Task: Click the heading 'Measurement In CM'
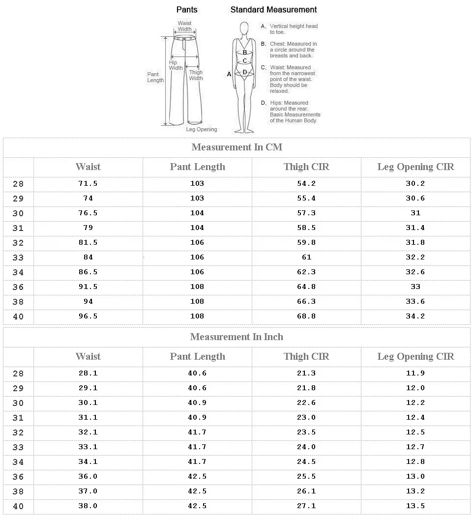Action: click(x=236, y=147)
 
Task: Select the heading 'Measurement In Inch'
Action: click(x=236, y=337)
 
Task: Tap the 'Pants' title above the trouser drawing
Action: click(x=187, y=10)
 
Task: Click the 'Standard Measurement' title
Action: click(x=273, y=10)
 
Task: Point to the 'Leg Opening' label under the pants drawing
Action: click(x=201, y=130)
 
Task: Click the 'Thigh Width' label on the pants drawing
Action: click(x=196, y=75)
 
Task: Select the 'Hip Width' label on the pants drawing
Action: click(x=176, y=65)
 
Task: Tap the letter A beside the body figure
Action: click(x=229, y=74)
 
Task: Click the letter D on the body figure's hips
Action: click(x=244, y=72)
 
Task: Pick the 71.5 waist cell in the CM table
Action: click(x=88, y=184)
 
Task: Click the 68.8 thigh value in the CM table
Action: click(x=306, y=316)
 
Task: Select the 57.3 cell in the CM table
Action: click(x=306, y=213)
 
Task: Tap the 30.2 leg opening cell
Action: click(x=415, y=184)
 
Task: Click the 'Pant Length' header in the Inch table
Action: click(x=197, y=357)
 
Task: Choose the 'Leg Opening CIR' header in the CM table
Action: click(x=415, y=167)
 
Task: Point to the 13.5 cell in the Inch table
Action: click(x=415, y=506)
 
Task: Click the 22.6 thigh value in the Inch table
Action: click(x=306, y=403)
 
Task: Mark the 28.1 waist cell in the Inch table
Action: click(x=88, y=373)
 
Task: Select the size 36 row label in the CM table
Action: click(x=18, y=287)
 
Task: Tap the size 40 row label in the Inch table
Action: click(x=18, y=506)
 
